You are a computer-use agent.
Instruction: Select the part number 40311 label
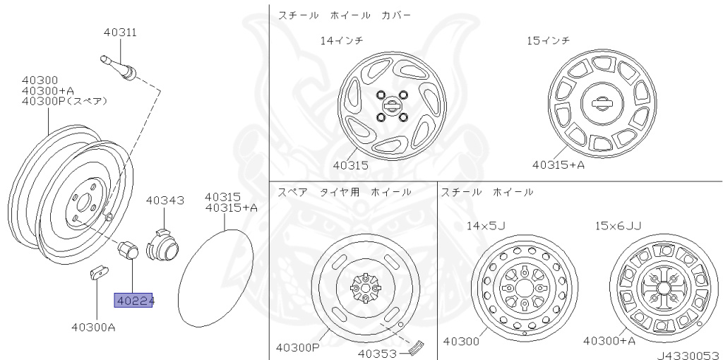pyautogui.click(x=120, y=32)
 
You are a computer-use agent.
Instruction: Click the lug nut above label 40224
pyautogui.click(x=129, y=251)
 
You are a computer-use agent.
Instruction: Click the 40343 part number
pyautogui.click(x=165, y=200)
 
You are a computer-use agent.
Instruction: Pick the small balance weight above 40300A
pyautogui.click(x=97, y=272)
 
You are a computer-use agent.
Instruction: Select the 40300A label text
pyautogui.click(x=94, y=328)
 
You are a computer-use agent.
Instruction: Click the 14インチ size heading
pyautogui.click(x=342, y=40)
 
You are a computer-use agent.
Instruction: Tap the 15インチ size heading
pyautogui.click(x=549, y=40)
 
